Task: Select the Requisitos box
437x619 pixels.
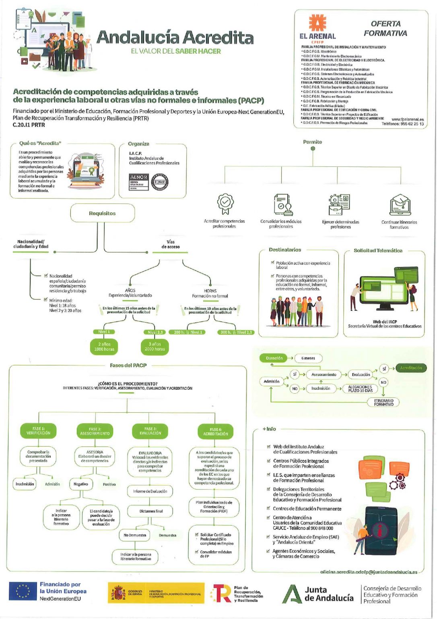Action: (102, 213)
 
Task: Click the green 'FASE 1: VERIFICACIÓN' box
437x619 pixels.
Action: (39, 431)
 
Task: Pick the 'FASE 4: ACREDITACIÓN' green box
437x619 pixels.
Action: (216, 432)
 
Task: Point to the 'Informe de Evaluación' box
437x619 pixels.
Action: (150, 491)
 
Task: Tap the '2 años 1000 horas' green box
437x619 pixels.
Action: (104, 347)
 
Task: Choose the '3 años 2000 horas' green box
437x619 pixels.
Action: (155, 347)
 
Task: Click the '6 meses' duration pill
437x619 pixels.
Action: (309, 358)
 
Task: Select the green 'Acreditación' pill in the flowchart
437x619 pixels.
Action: (411, 368)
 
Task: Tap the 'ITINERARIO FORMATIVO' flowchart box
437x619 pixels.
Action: (383, 403)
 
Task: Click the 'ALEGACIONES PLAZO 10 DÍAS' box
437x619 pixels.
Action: (360, 388)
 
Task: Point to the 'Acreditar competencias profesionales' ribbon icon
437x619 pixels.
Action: (225, 204)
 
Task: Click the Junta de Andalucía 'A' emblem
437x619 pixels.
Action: (292, 594)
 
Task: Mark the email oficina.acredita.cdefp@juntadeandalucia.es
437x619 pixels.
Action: (369, 572)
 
